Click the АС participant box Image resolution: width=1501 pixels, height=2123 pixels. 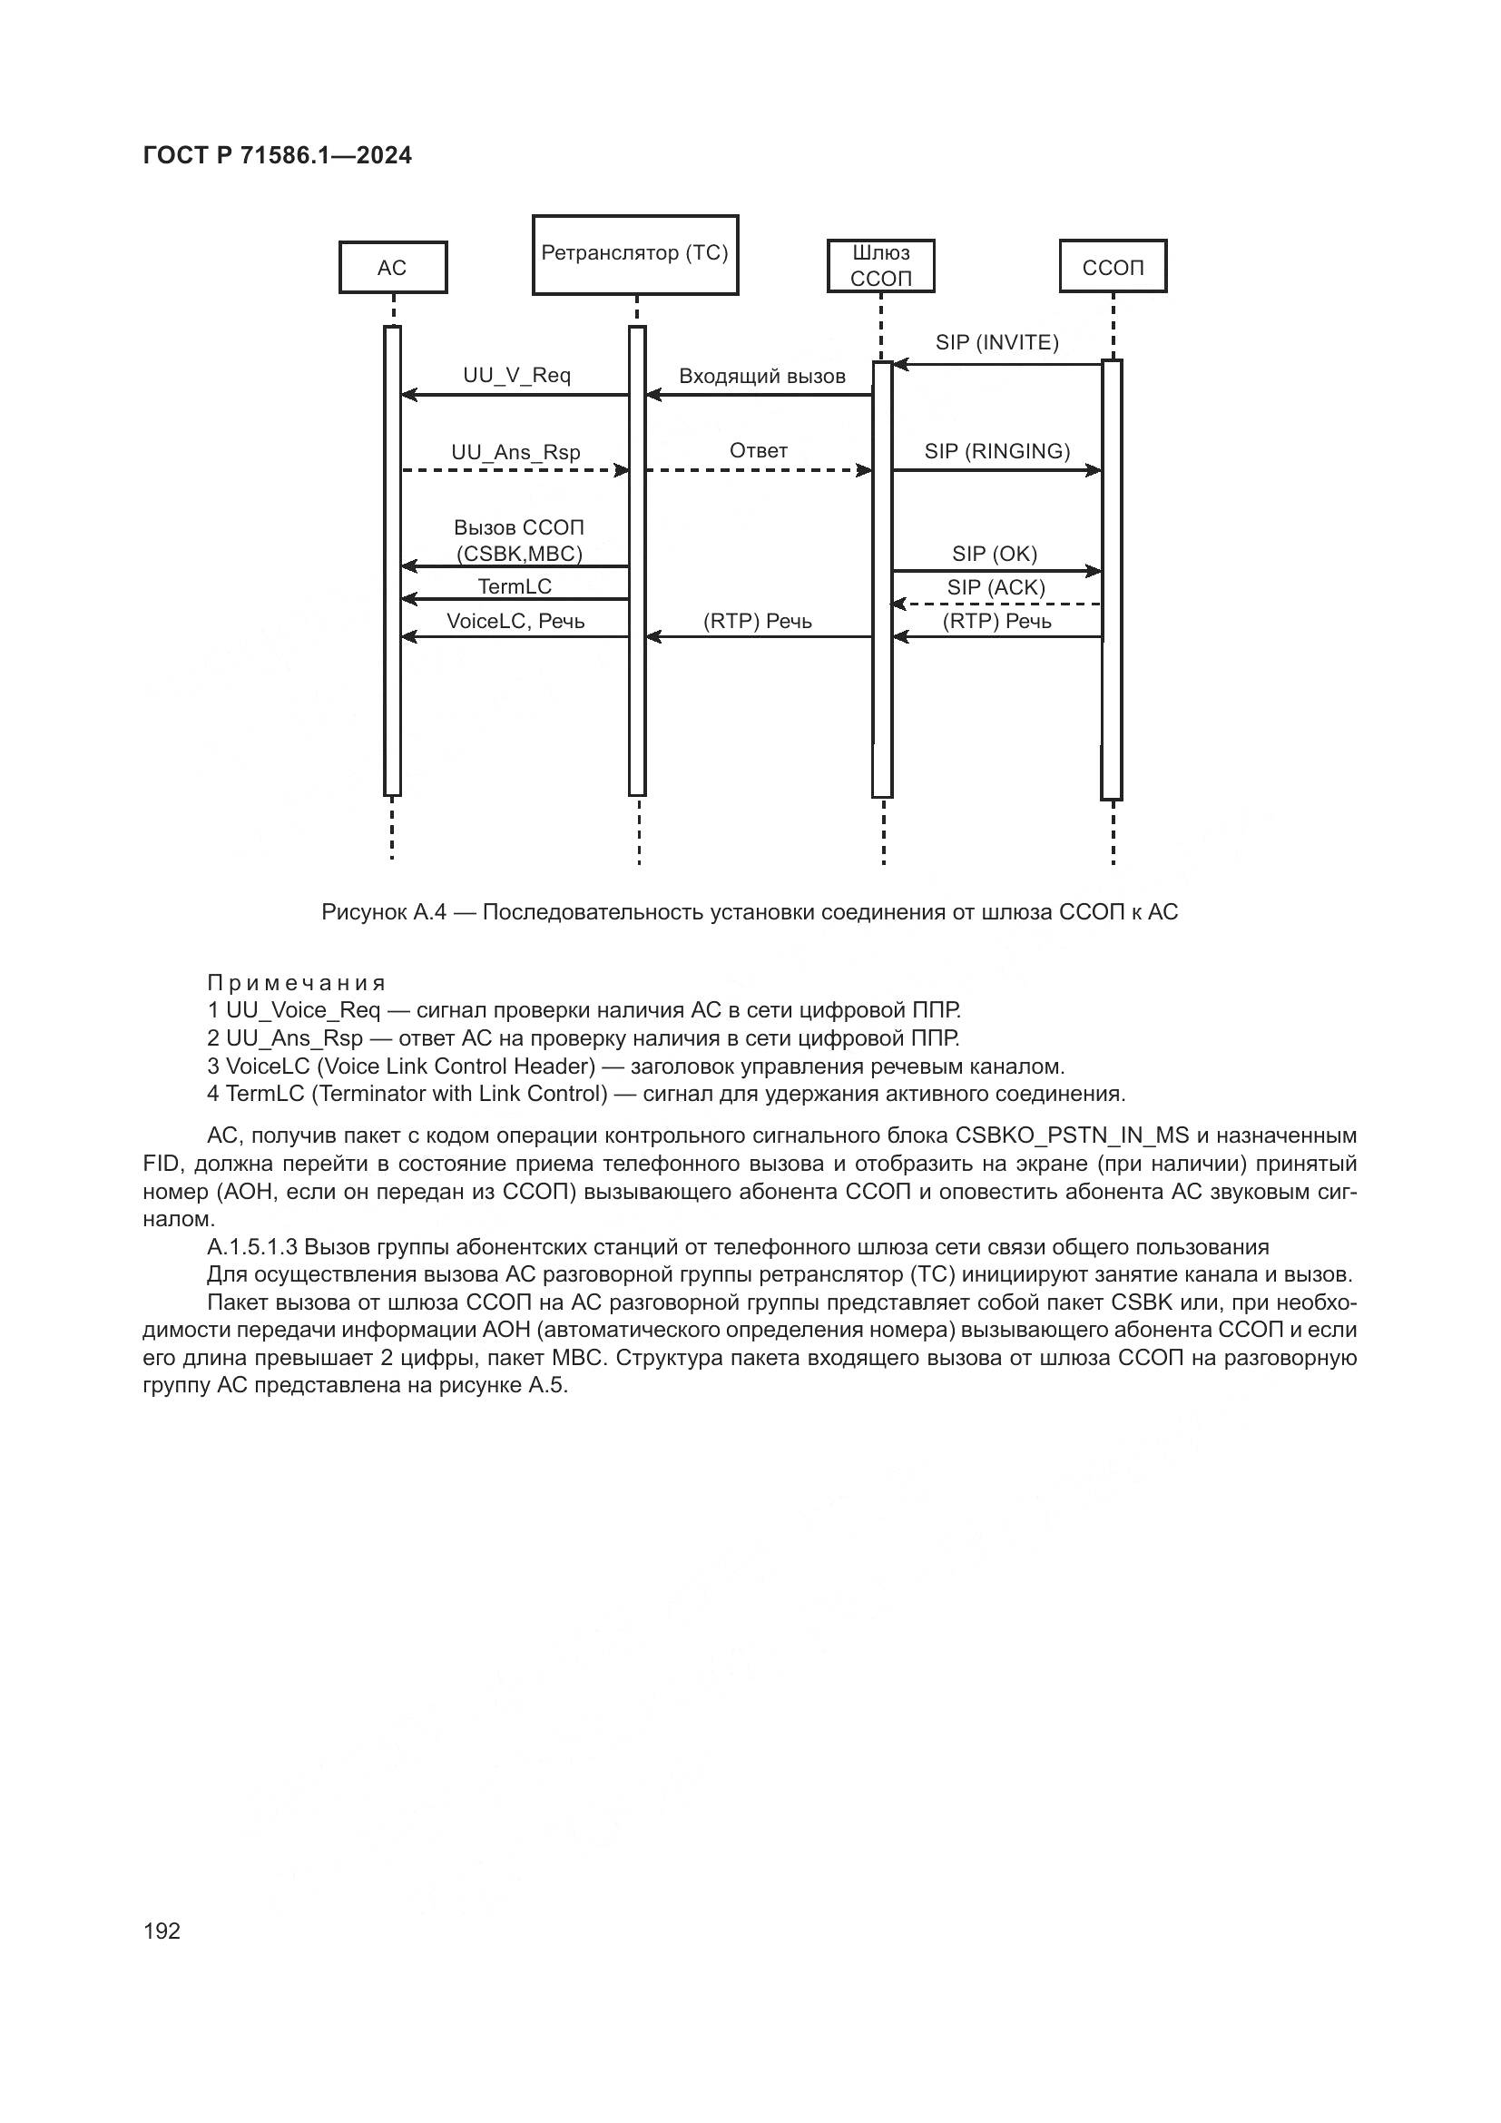click(x=393, y=268)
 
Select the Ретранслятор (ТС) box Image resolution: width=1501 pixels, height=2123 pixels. click(x=635, y=254)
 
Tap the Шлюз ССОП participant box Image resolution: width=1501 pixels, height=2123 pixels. click(x=881, y=265)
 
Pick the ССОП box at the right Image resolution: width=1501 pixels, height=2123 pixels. click(x=1113, y=267)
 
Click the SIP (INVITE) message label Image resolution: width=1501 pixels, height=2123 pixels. click(x=996, y=343)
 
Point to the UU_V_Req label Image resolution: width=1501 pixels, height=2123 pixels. click(x=516, y=376)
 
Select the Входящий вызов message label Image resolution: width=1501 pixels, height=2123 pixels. click(x=761, y=377)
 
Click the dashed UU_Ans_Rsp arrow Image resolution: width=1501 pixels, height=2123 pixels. click(x=515, y=471)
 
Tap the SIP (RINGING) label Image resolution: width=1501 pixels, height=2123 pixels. click(x=996, y=451)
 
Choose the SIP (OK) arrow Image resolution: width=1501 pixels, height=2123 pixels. click(x=996, y=572)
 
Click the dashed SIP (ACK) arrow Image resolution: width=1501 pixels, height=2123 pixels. click(x=996, y=604)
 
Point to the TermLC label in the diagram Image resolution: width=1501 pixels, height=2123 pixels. click(x=515, y=586)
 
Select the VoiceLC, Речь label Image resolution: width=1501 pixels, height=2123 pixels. click(x=515, y=622)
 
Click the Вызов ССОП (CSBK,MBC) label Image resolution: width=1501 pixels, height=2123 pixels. click(x=518, y=541)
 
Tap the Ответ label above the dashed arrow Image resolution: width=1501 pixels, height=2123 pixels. click(x=759, y=451)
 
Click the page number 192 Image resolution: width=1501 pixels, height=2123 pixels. click(x=162, y=1931)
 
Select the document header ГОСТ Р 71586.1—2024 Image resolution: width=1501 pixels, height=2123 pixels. click(x=278, y=155)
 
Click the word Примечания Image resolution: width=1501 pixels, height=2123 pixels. click(x=296, y=982)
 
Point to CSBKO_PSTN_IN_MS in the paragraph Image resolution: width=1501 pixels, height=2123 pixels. click(x=1072, y=1135)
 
